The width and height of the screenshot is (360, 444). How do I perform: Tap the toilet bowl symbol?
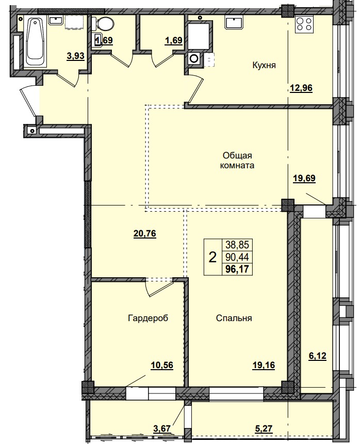click(x=105, y=24)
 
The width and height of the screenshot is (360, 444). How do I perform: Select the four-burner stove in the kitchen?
click(x=303, y=25)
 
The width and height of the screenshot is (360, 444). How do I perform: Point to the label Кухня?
click(x=264, y=66)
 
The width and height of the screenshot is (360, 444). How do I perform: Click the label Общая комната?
click(x=237, y=161)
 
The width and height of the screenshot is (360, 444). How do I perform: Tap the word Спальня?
click(x=234, y=318)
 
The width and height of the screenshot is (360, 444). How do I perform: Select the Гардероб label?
click(x=148, y=318)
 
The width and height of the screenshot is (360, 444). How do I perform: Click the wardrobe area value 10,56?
click(x=161, y=365)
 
